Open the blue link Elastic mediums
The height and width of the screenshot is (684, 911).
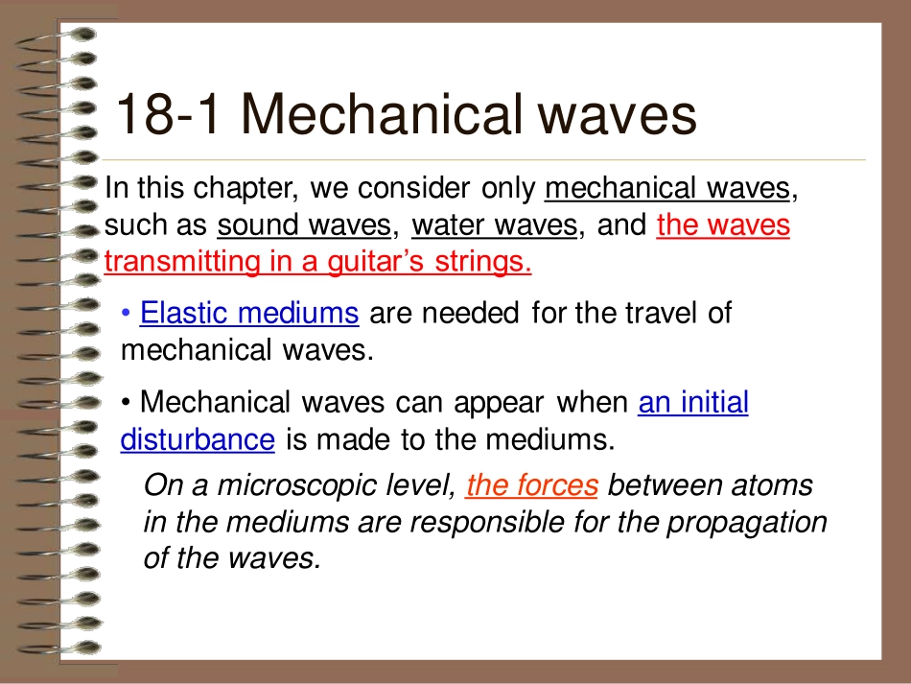click(x=249, y=313)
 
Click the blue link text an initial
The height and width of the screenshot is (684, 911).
click(x=692, y=403)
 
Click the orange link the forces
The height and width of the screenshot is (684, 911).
click(x=531, y=486)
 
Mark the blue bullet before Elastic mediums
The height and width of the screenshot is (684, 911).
click(x=128, y=314)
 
